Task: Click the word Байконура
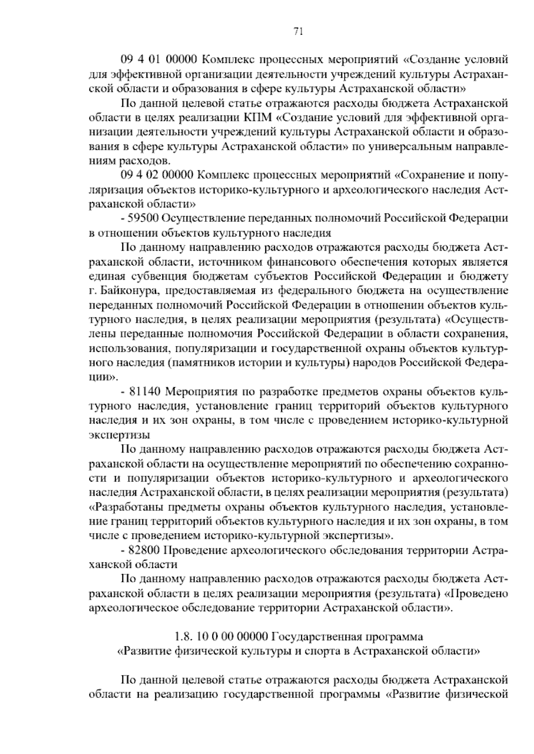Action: (x=125, y=291)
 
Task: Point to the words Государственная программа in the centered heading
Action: (x=347, y=636)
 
